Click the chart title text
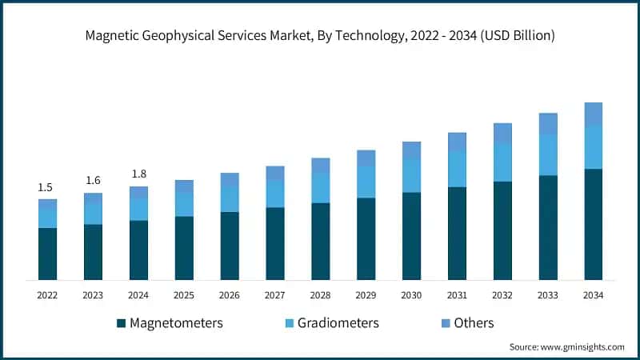tap(320, 36)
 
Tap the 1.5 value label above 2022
tap(46, 187)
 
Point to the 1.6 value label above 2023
tap(93, 181)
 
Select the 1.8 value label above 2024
tap(138, 174)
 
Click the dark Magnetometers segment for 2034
tap(593, 224)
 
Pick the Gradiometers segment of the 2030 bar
tap(411, 175)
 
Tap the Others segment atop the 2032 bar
tap(502, 134)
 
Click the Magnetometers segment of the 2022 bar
tap(47, 254)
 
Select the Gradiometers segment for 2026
tap(230, 199)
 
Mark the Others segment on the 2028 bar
tap(320, 166)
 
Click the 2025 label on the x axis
tap(184, 295)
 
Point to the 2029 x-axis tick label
tap(366, 295)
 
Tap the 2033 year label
tap(548, 295)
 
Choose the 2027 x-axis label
tap(274, 295)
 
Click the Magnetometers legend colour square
tap(121, 323)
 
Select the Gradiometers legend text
tap(338, 323)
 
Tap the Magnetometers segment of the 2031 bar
tap(457, 234)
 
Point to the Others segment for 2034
tap(593, 114)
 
